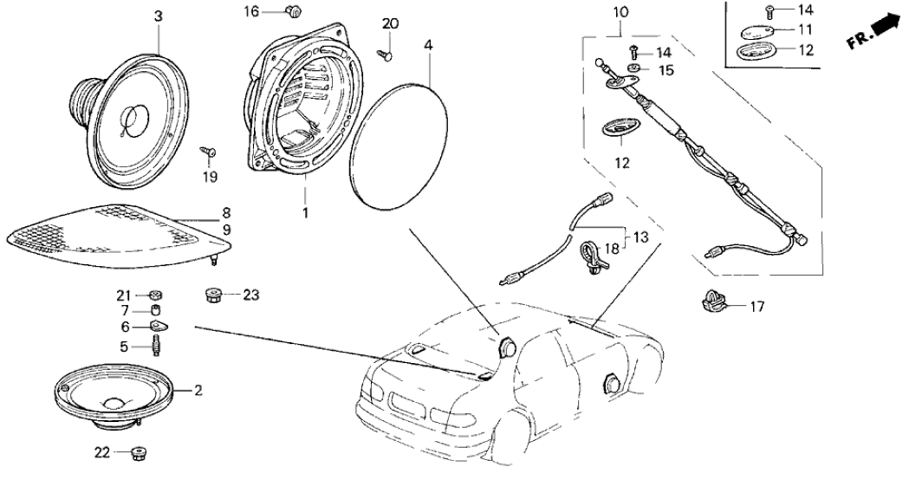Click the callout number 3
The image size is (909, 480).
(158, 17)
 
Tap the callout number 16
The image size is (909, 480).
(250, 11)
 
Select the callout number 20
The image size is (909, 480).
(390, 23)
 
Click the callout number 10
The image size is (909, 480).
(620, 14)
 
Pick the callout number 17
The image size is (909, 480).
(758, 305)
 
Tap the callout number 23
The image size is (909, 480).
(250, 295)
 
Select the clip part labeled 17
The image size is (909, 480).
(712, 303)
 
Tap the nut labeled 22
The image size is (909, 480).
(136, 452)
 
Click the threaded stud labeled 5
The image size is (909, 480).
(158, 347)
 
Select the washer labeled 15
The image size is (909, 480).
(634, 68)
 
